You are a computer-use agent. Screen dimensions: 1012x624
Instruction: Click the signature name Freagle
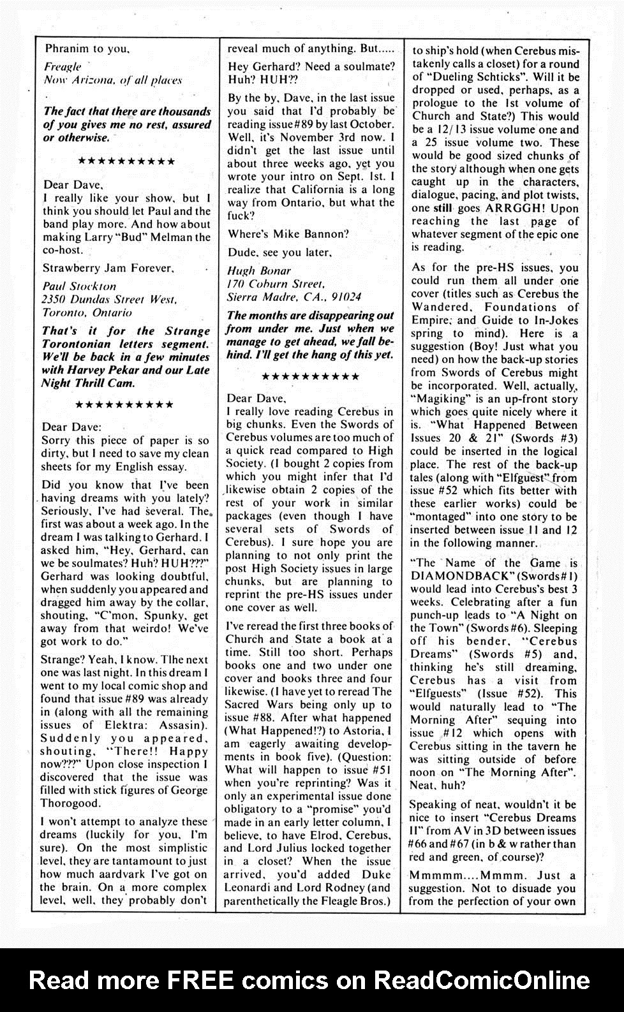click(x=63, y=66)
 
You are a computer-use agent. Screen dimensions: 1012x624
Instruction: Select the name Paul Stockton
click(x=79, y=286)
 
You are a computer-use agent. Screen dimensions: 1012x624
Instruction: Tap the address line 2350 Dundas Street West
click(x=110, y=300)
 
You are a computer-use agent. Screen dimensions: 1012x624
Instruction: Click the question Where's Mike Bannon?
click(x=288, y=233)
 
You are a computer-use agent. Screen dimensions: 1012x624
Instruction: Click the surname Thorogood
click(x=68, y=803)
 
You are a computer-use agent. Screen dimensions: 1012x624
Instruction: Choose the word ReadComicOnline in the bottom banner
click(x=482, y=979)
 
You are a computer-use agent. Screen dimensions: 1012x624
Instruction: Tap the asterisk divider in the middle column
click(x=310, y=376)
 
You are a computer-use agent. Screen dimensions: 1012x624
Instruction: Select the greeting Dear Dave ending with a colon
click(x=71, y=427)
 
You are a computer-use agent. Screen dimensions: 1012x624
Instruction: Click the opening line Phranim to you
click(x=87, y=48)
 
